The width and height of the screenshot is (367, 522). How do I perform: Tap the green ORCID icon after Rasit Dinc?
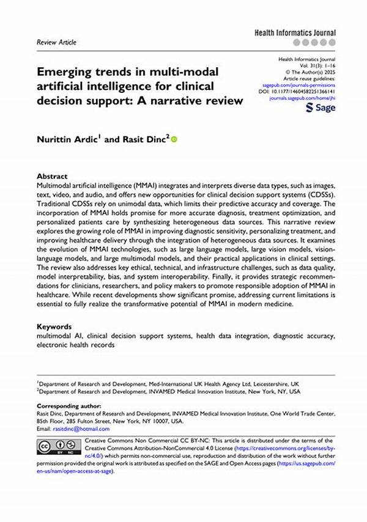(x=173, y=139)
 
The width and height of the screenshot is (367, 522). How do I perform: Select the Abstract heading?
(x=51, y=175)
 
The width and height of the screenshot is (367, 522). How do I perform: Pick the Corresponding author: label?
(x=68, y=406)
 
